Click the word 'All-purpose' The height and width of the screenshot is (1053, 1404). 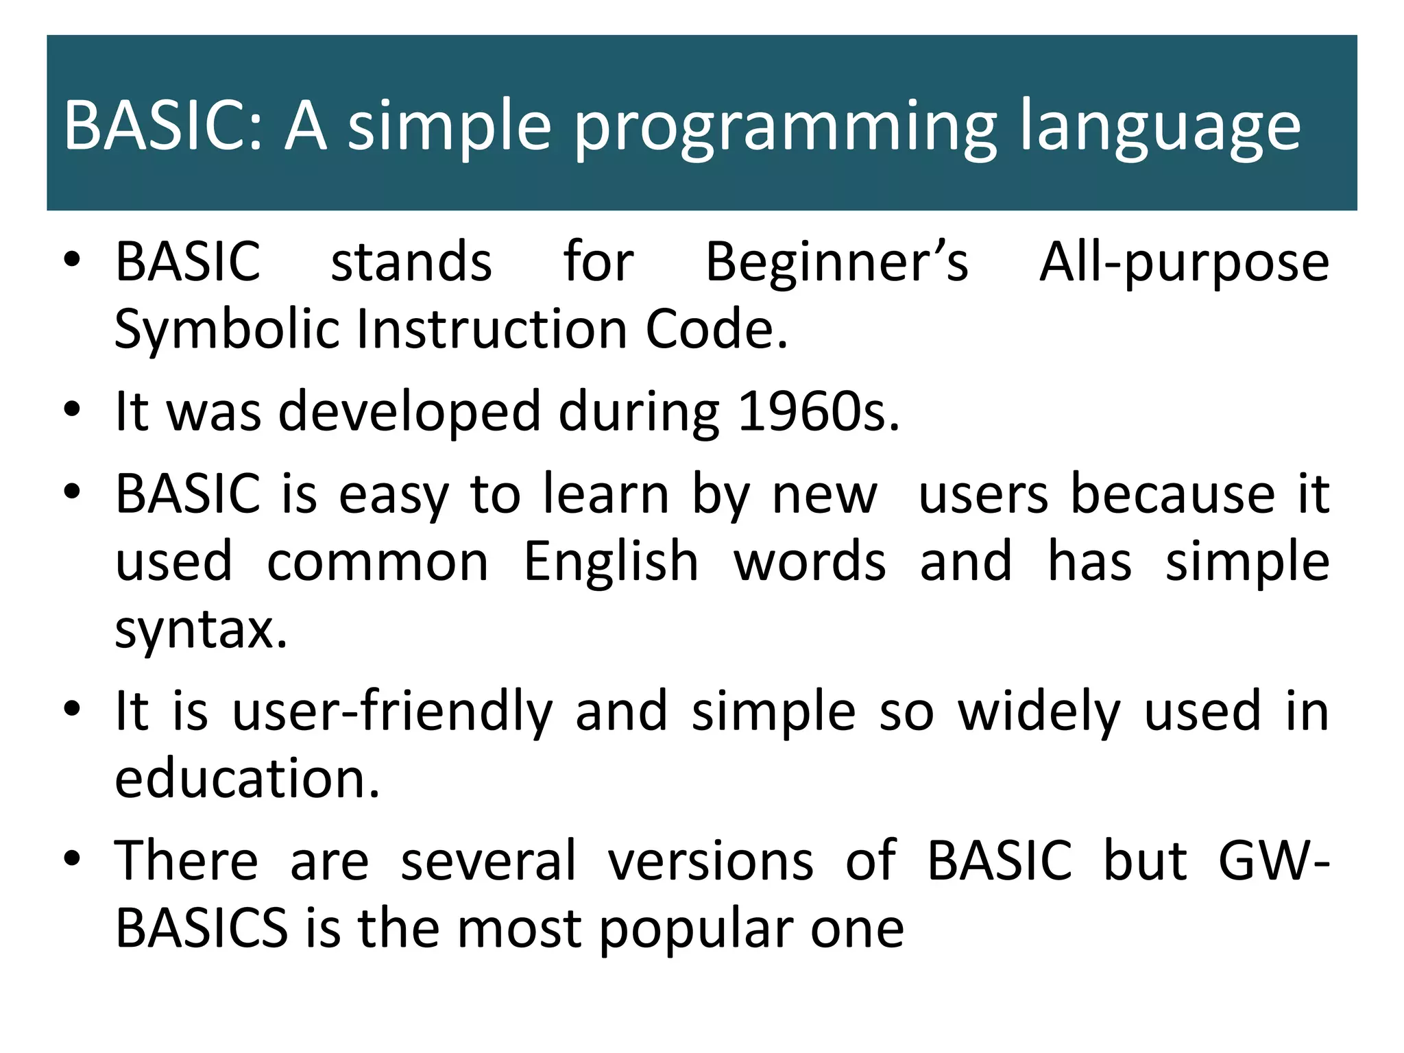1184,264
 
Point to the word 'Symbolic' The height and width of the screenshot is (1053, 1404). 226,330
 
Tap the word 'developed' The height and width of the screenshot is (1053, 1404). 409,413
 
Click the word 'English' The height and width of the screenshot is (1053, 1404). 610,562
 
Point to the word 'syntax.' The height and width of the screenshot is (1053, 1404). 201,630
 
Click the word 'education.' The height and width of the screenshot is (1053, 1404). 247,779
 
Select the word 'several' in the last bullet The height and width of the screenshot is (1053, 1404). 488,861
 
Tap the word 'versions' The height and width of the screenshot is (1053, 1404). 711,861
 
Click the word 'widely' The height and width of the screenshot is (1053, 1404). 1039,713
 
